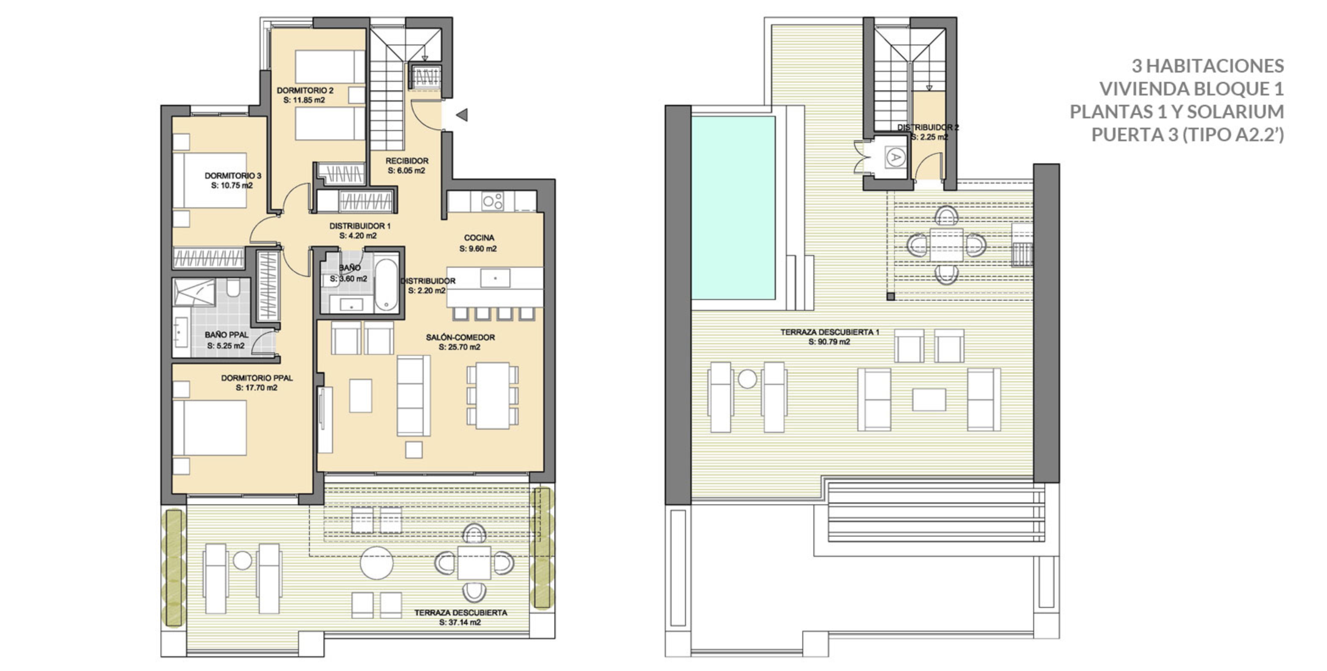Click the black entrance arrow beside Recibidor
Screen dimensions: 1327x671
click(x=462, y=115)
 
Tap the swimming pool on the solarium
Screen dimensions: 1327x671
click(x=733, y=208)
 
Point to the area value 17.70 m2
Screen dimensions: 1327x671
click(x=256, y=388)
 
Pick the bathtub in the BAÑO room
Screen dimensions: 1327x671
click(x=386, y=285)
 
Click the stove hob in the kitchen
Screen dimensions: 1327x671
click(x=492, y=201)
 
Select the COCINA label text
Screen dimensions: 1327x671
click(x=479, y=238)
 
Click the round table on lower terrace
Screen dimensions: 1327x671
click(x=377, y=563)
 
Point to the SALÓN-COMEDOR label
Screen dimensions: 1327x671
click(x=460, y=338)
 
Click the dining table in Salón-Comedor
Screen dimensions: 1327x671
click(x=492, y=395)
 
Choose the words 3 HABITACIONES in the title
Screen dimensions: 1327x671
click(x=1207, y=66)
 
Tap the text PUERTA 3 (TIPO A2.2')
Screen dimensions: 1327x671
click(x=1187, y=135)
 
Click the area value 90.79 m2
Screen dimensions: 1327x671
click(x=829, y=342)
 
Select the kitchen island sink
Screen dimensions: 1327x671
click(x=495, y=278)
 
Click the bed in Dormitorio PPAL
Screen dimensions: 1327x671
click(x=209, y=428)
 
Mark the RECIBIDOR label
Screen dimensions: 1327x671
click(x=407, y=161)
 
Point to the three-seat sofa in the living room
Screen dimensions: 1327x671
click(x=413, y=396)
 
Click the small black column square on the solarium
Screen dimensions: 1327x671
click(x=890, y=296)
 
